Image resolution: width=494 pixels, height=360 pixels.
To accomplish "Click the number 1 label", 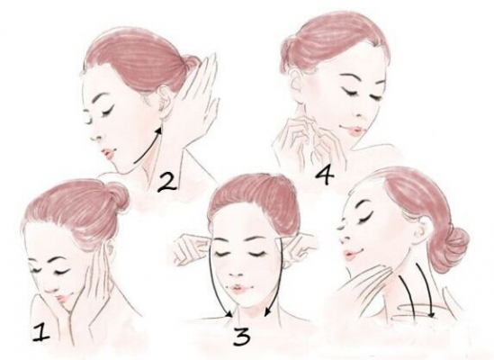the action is [41, 332].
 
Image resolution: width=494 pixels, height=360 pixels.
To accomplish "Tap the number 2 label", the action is [166, 183].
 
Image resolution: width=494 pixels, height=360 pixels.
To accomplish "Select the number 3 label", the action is [242, 336].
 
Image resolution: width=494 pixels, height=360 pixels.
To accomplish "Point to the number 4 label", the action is [324, 176].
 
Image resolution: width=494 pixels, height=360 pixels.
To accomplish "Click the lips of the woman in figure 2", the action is [109, 153].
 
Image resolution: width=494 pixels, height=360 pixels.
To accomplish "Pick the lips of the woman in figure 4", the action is [352, 130].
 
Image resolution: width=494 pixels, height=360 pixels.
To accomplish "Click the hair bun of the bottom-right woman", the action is [450, 246].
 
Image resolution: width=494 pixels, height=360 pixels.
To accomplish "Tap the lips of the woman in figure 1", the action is [62, 296].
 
